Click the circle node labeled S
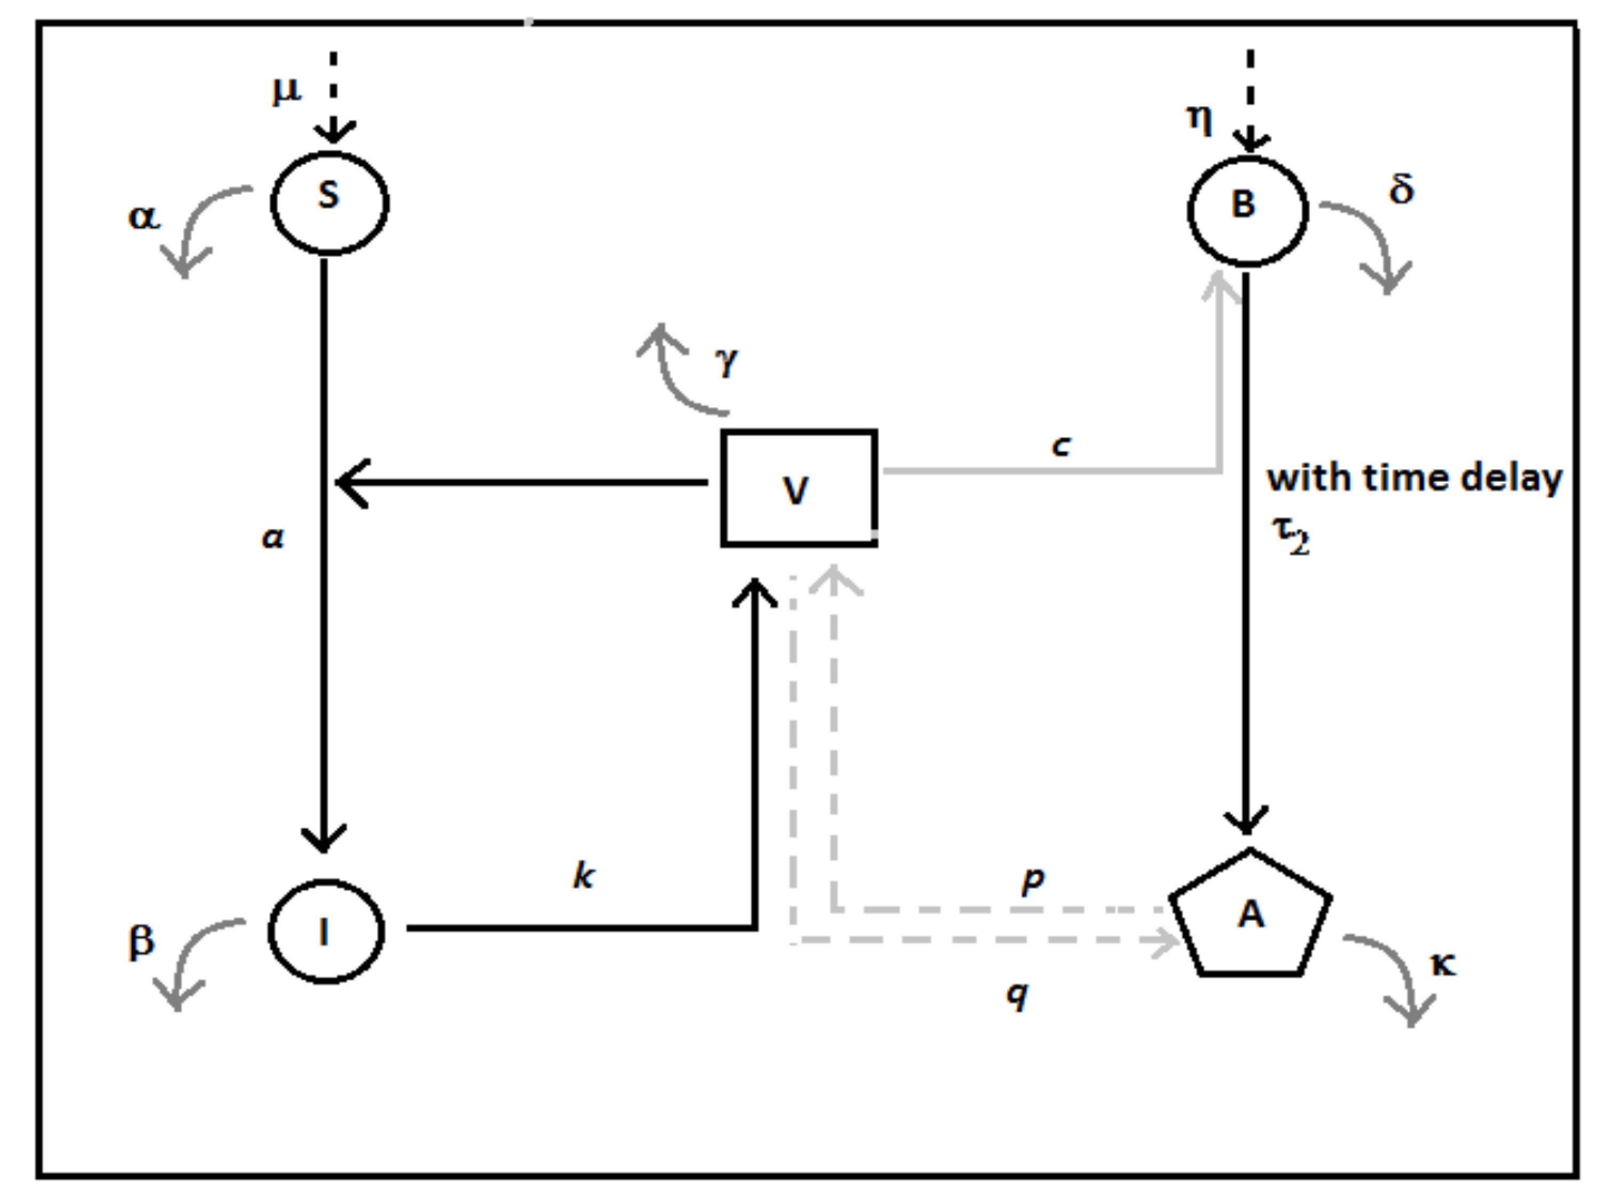(x=330, y=203)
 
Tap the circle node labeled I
(x=326, y=931)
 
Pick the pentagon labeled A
(x=1251, y=917)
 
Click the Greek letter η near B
(x=1200, y=120)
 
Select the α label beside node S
(x=144, y=216)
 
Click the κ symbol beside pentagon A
(x=1443, y=964)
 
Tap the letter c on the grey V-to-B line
(x=1061, y=446)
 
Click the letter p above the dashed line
(x=1033, y=881)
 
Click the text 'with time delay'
(x=1414, y=478)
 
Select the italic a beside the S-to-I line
(x=273, y=538)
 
